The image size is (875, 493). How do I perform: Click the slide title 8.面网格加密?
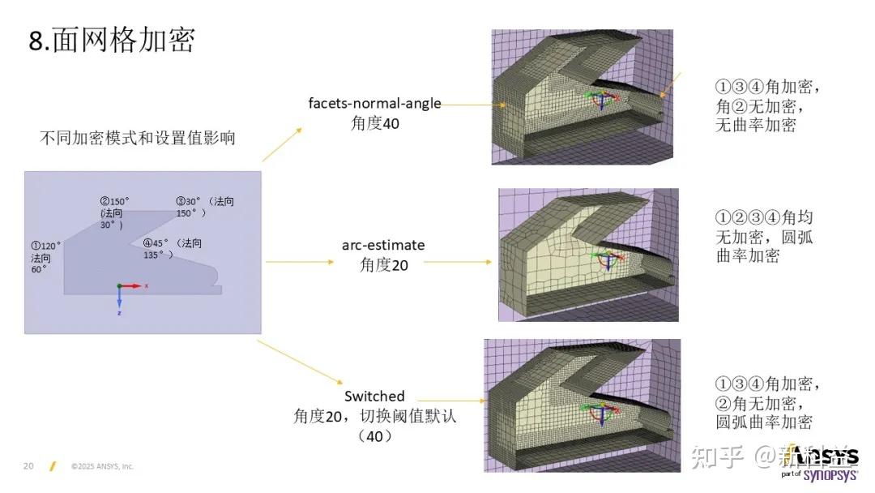click(113, 40)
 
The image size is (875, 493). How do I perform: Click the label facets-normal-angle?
click(374, 104)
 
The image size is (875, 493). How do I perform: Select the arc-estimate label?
click(383, 244)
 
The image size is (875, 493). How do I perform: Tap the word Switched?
click(374, 397)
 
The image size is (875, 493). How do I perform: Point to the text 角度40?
click(375, 123)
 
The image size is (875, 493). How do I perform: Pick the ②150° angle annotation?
click(115, 201)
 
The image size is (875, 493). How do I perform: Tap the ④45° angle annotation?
click(157, 243)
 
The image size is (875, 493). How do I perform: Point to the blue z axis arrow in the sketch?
click(119, 301)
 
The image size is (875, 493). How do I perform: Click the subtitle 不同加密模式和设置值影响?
click(138, 138)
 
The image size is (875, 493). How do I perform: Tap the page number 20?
click(28, 466)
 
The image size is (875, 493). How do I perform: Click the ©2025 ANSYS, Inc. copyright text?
click(102, 466)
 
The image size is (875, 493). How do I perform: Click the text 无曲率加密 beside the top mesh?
click(756, 125)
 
